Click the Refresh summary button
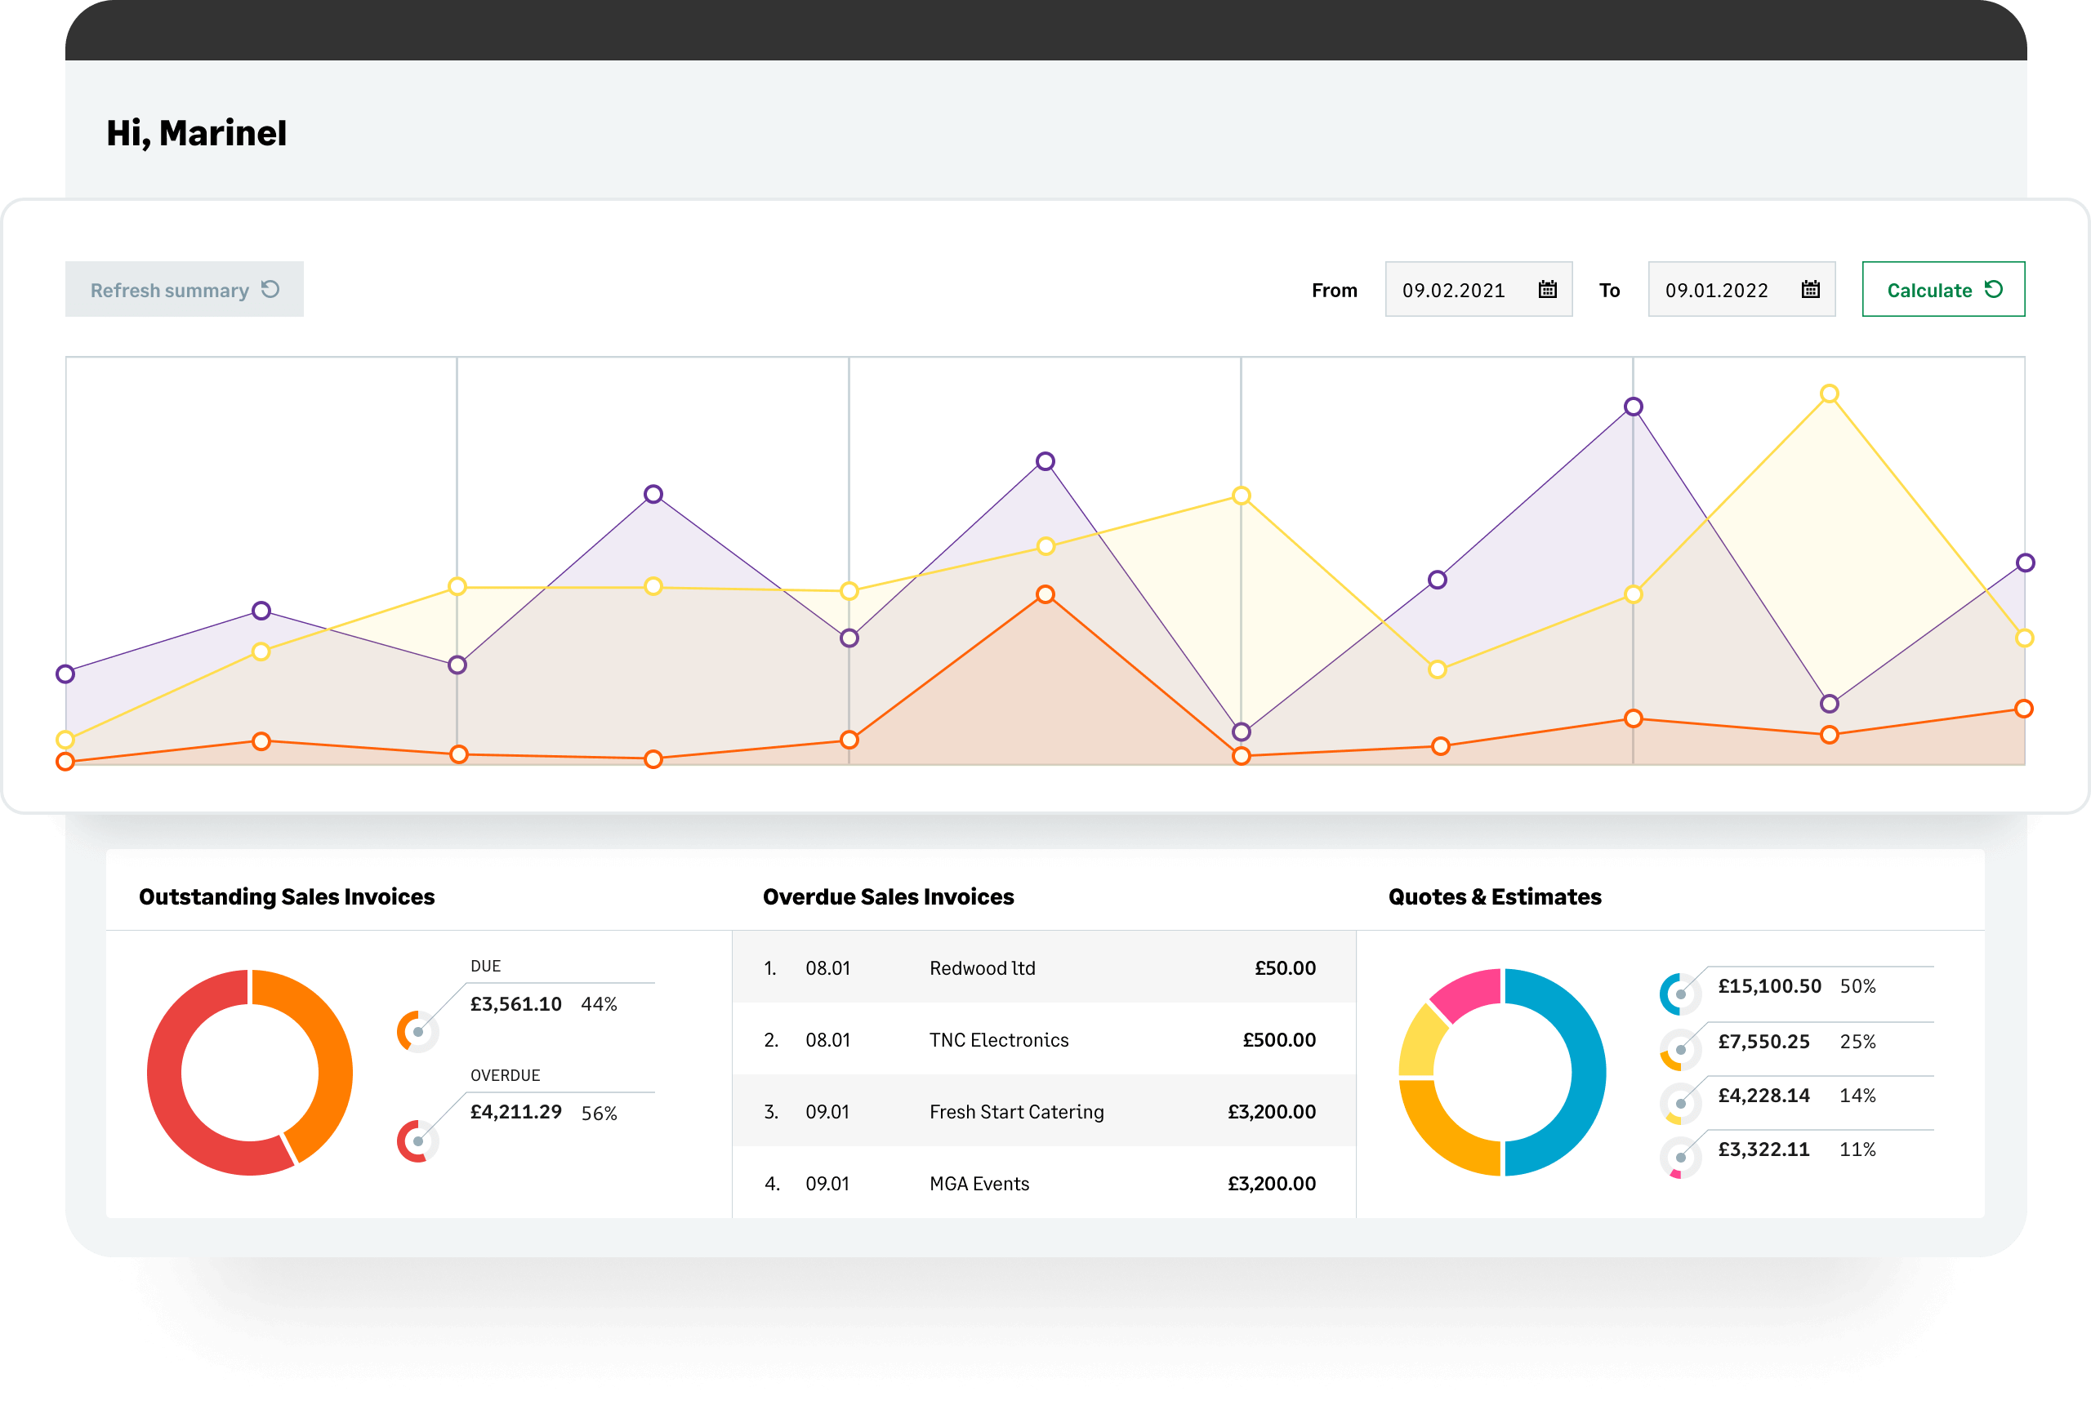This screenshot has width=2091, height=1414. click(x=184, y=290)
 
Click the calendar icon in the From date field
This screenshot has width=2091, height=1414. click(x=1548, y=290)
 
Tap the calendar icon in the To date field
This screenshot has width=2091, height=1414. click(x=1810, y=290)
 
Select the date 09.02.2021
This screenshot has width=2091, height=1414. click(x=1453, y=291)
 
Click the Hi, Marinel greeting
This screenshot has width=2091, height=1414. click(x=196, y=133)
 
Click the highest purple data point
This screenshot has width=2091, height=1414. click(x=1633, y=407)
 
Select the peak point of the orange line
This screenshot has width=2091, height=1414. click(x=1045, y=594)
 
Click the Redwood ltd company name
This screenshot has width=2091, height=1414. click(x=982, y=968)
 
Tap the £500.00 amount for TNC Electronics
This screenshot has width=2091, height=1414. click(x=1278, y=1040)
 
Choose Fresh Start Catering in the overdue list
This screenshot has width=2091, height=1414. click(x=1016, y=1112)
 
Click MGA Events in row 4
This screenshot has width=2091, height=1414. click(x=979, y=1184)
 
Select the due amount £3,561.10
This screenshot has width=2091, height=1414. click(x=515, y=1004)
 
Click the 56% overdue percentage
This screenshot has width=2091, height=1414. click(x=600, y=1114)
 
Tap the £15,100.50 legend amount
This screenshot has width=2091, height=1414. click(x=1769, y=986)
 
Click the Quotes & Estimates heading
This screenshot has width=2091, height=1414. click(x=1495, y=896)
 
